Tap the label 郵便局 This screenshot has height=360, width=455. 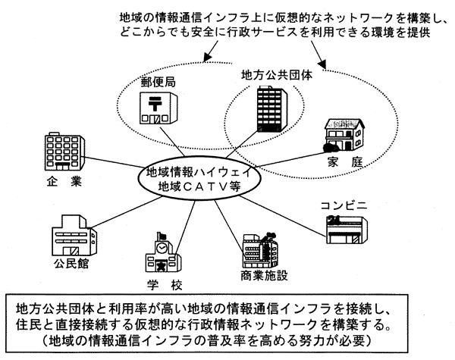tap(157, 81)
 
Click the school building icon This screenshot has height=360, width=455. tap(161, 255)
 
